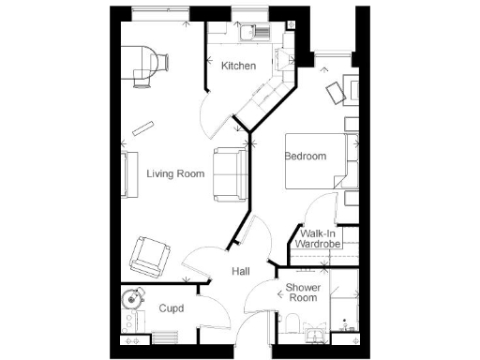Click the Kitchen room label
point(238,67)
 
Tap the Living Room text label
point(175,173)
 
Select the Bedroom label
point(306,157)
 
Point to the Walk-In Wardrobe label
point(318,238)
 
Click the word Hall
point(240,271)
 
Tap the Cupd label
point(171,307)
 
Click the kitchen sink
point(251,36)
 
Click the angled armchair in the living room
point(149,256)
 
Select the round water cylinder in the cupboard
point(132,300)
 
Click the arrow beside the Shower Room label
point(279,292)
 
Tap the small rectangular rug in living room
point(142,128)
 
